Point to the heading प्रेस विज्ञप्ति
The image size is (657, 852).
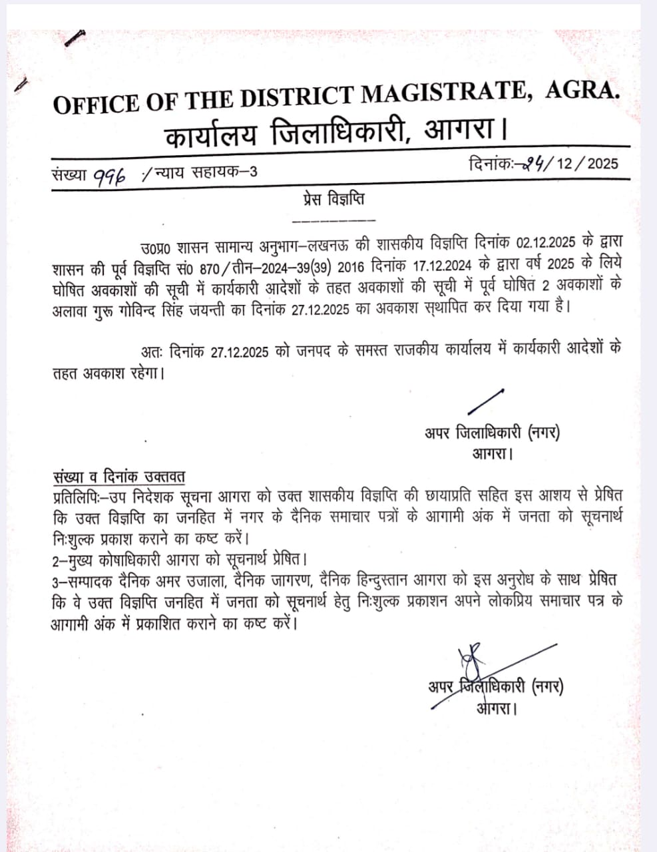click(333, 199)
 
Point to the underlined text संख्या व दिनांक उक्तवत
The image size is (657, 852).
click(119, 477)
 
